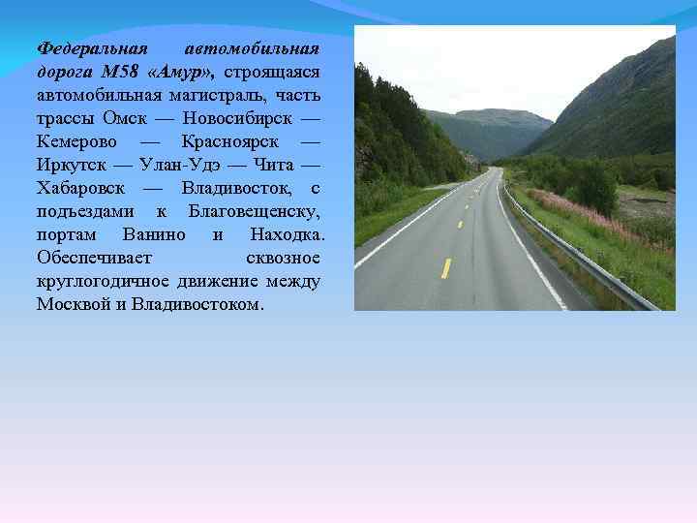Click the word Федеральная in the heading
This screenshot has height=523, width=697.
point(91,47)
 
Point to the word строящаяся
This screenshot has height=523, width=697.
point(276,72)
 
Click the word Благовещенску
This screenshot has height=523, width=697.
point(257,211)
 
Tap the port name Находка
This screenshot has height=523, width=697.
point(287,234)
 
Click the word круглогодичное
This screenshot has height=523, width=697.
point(103,281)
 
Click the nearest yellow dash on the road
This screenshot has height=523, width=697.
point(445,268)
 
